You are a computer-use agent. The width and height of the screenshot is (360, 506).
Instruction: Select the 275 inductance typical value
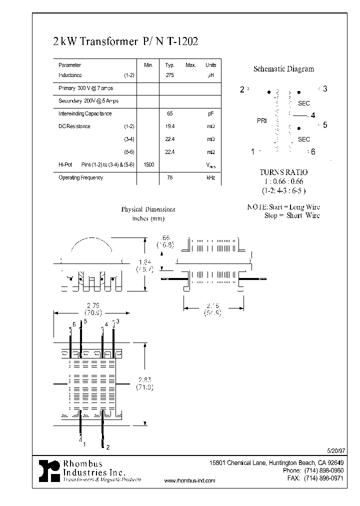(169, 75)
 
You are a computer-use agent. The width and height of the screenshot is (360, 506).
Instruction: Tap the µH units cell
(210, 75)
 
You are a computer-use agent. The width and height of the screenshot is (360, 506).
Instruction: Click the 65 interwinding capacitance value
(169, 113)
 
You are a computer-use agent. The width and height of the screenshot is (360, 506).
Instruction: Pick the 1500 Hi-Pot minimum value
(148, 164)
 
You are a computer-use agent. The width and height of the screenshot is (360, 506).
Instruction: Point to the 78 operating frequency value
(169, 177)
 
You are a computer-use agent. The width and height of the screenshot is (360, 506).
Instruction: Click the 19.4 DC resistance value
(169, 126)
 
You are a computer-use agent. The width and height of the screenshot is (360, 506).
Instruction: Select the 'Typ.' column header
(169, 65)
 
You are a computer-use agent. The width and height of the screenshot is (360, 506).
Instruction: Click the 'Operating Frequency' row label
(80, 177)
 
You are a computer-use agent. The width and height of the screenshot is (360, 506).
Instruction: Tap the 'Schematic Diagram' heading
(283, 69)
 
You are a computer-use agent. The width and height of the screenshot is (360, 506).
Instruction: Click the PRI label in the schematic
(262, 121)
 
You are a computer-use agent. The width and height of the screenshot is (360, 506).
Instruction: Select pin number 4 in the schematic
(313, 116)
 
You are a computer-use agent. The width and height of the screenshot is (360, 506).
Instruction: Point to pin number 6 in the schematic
(313, 151)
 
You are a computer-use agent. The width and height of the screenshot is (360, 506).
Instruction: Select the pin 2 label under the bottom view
(108, 446)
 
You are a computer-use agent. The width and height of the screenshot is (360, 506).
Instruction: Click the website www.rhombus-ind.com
(189, 480)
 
